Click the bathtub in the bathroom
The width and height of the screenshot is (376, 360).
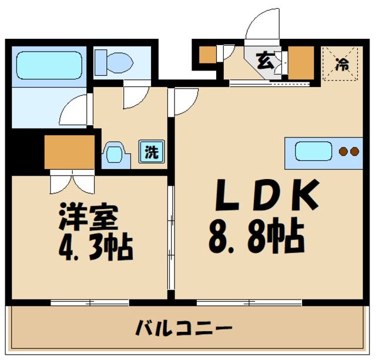tap(49, 65)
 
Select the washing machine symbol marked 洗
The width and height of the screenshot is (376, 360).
tap(152, 152)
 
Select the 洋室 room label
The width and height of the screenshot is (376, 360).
tap(88, 218)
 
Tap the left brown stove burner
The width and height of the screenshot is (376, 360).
tap(343, 152)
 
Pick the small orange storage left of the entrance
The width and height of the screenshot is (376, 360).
tap(207, 55)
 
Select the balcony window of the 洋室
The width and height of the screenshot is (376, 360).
tap(89, 302)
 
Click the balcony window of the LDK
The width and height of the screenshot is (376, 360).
tap(249, 302)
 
